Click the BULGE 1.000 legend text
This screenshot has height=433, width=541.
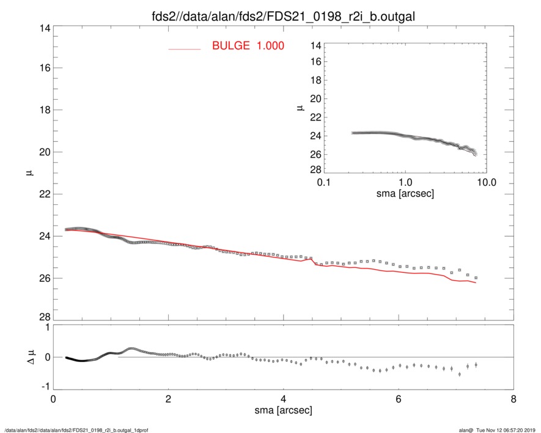coord(248,46)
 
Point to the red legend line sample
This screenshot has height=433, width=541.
coord(184,48)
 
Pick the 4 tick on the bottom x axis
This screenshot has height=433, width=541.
coord(283,400)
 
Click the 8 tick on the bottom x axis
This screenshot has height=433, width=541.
coord(513,400)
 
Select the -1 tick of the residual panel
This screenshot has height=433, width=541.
coord(43,387)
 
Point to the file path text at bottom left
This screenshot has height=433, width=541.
coord(76,429)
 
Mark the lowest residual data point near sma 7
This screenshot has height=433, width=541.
coord(460,374)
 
